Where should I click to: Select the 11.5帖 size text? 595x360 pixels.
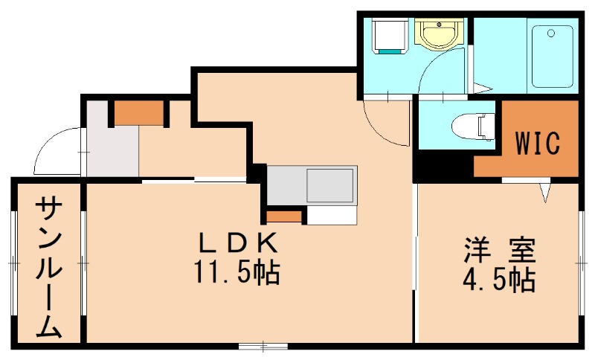[x=237, y=273]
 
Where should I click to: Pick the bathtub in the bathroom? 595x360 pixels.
[x=551, y=56]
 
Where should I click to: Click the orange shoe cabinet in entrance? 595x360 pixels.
[x=138, y=112]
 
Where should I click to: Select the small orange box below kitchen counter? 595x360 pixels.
[x=284, y=216]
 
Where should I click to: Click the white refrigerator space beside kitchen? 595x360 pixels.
[x=332, y=214]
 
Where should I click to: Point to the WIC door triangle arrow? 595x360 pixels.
[x=547, y=192]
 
